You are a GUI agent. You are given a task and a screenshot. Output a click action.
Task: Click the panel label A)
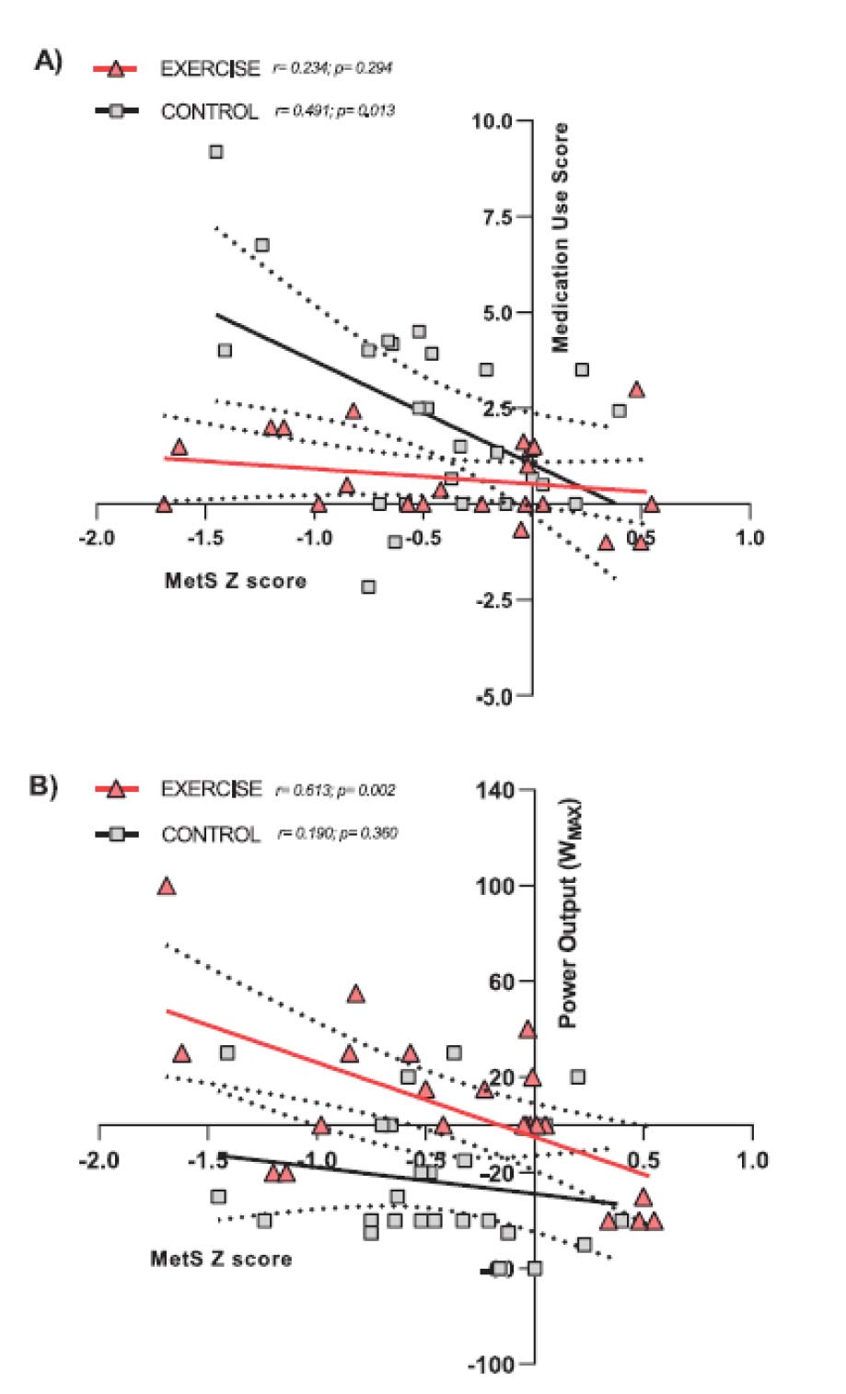pos(49,62)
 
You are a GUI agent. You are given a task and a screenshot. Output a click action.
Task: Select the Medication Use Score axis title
pos(560,238)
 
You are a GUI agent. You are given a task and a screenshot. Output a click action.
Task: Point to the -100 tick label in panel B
pos(497,1364)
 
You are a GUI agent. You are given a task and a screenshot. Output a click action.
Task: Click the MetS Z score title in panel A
pos(236,581)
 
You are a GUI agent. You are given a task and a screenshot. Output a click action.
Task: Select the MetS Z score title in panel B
pos(221,1259)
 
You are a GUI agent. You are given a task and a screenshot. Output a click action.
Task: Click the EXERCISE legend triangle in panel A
pos(115,68)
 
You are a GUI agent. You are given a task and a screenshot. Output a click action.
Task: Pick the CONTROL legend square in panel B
pos(116,834)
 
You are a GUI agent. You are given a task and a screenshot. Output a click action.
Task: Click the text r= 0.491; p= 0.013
pos(335,111)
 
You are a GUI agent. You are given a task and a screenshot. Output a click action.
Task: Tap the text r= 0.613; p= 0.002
pos(336,790)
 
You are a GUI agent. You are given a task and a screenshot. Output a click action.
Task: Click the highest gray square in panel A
pos(216,152)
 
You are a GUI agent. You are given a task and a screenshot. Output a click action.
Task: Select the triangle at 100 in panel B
pos(167,887)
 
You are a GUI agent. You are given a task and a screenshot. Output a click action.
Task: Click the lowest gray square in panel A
pos(368,587)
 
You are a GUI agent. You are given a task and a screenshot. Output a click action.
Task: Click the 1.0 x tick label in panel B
pos(752,1159)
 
